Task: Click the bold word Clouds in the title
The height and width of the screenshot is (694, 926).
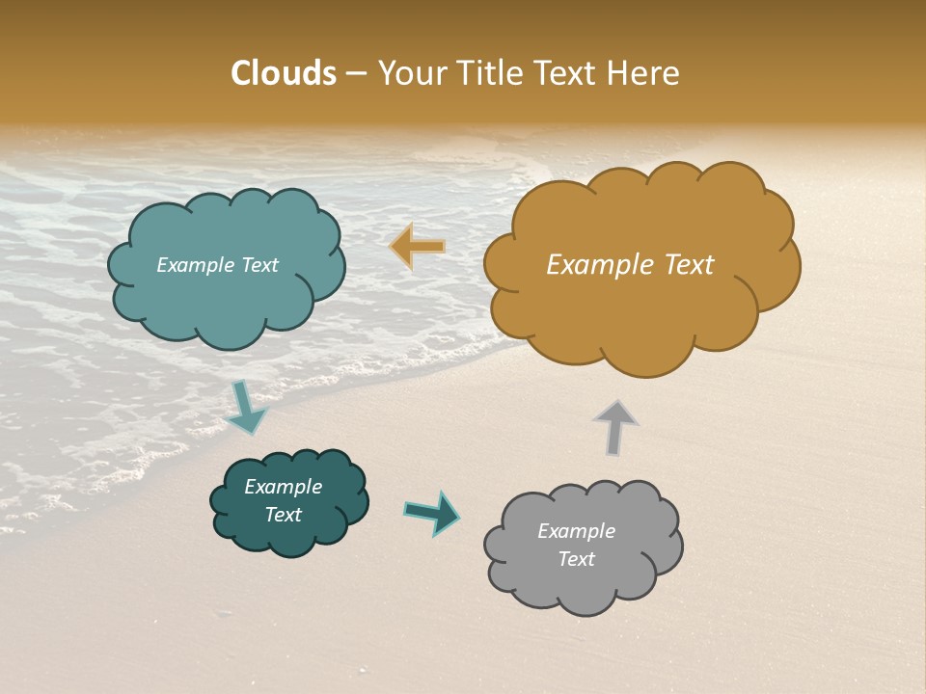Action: [x=284, y=73]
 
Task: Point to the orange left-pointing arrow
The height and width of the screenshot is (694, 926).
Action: [x=418, y=247]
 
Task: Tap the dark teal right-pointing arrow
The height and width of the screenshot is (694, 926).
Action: [x=431, y=512]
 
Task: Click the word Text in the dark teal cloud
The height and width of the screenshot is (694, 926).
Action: [x=284, y=515]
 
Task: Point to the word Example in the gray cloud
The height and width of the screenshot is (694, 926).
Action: [x=577, y=531]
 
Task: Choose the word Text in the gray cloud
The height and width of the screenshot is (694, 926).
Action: [x=577, y=559]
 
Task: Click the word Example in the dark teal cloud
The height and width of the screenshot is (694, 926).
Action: [x=284, y=487]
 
